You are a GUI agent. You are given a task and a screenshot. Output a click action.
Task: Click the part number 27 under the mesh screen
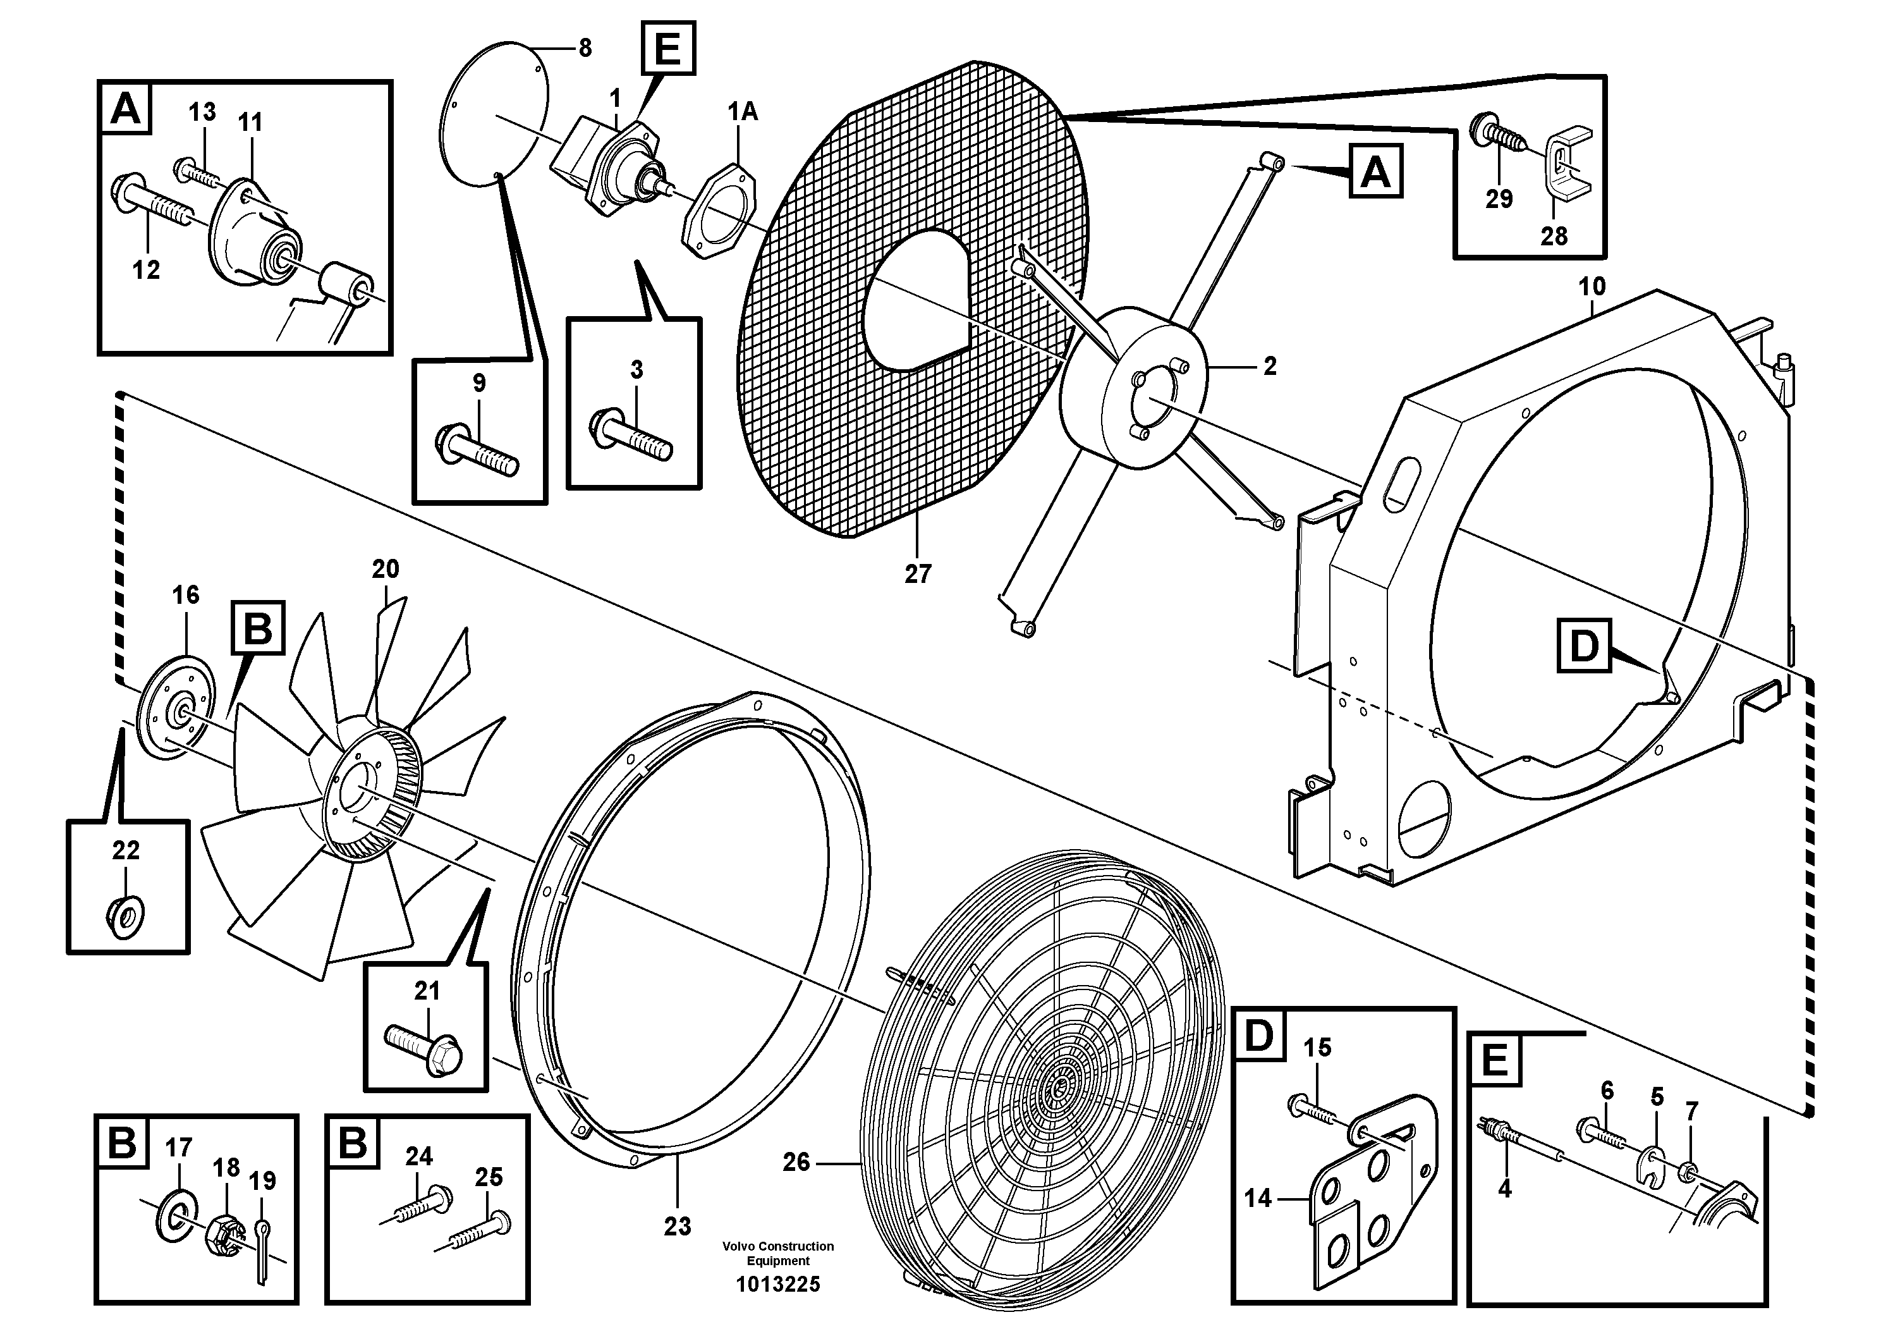(918, 574)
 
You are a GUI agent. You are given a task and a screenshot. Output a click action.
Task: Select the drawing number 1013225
(777, 1284)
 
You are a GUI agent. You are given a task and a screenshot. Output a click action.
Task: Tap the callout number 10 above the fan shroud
(1592, 287)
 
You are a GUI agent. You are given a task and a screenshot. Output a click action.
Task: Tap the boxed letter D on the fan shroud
(1583, 646)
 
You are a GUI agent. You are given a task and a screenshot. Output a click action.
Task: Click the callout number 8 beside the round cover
(585, 48)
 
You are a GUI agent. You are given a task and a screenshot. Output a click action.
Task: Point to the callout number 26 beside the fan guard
(796, 1162)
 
